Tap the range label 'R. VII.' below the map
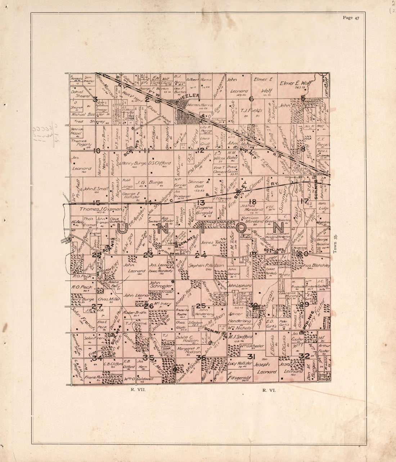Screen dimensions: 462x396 (138, 389)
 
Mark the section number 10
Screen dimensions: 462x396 (96, 151)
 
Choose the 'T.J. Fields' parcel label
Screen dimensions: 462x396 (250, 111)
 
